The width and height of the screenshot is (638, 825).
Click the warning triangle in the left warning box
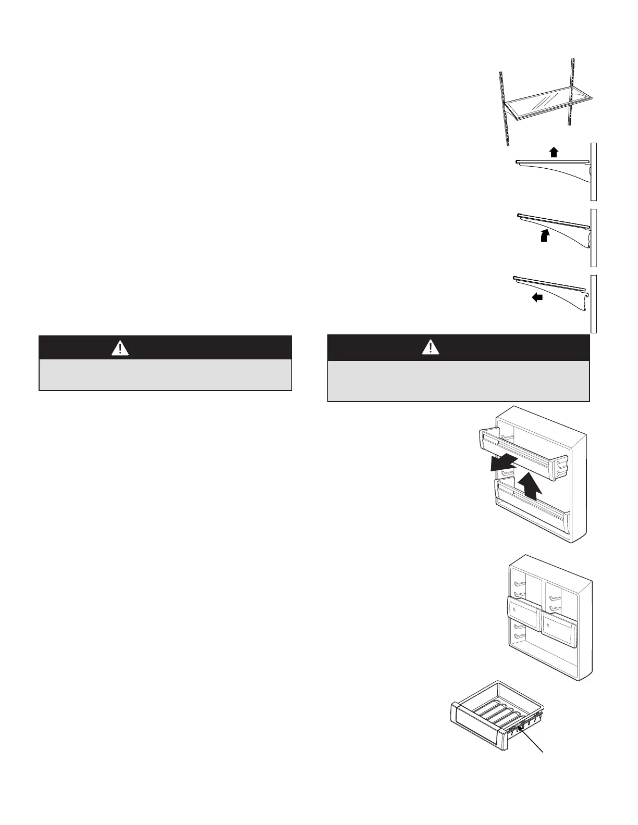tap(120, 347)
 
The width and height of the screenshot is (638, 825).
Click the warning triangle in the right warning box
tap(431, 347)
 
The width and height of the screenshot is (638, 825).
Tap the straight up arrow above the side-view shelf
tap(554, 152)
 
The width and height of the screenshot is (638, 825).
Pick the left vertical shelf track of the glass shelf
tap(502, 107)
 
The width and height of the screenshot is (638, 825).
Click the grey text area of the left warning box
tap(165, 374)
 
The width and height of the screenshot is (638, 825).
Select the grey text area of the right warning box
tap(458, 380)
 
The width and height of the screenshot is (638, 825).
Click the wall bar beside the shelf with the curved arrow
tap(593, 238)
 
